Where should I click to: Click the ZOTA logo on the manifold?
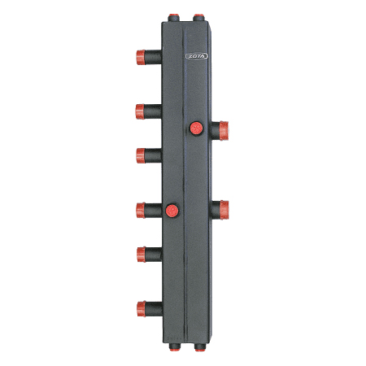[197, 56]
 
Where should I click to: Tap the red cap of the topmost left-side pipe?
[141, 57]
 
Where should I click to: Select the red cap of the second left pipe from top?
[140, 111]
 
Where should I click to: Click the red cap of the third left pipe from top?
[141, 155]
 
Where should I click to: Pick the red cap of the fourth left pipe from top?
[141, 210]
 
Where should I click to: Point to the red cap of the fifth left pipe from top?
[142, 255]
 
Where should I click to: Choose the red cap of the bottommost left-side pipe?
[142, 309]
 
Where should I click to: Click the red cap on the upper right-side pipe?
[224, 131]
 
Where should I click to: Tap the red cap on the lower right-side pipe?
[224, 210]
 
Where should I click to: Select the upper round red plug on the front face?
[196, 129]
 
